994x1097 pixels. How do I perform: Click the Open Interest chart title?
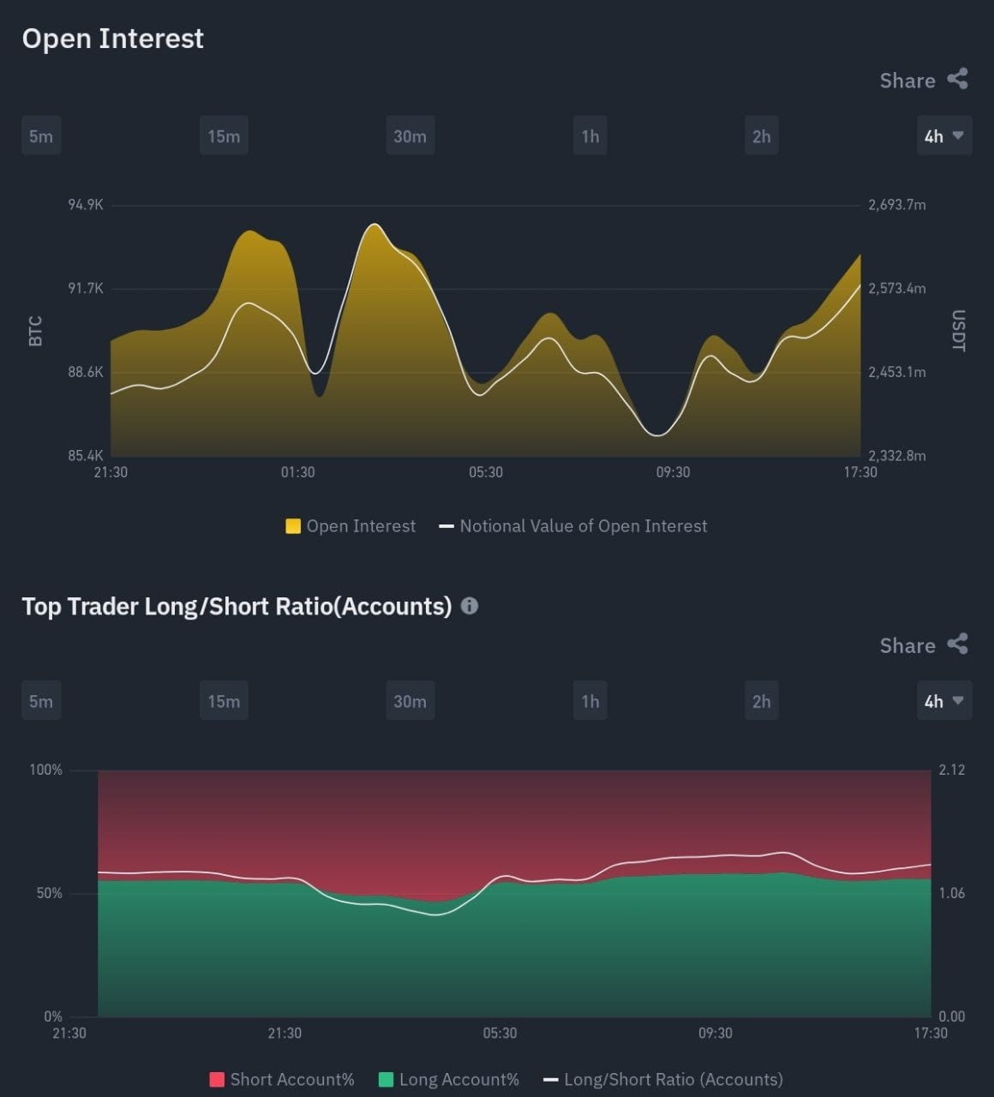click(112, 39)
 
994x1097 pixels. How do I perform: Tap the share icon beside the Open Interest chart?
click(957, 80)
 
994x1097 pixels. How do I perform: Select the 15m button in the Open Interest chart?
click(224, 136)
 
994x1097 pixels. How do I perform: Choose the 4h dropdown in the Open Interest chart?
click(943, 136)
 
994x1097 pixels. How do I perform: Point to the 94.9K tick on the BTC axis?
click(86, 205)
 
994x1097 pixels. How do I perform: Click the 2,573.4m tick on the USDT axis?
click(896, 288)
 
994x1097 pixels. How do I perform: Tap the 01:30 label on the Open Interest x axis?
click(297, 472)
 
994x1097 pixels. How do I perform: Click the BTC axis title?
click(35, 331)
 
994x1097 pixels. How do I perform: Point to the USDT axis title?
click(958, 331)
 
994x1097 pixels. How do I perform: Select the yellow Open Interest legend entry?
click(350, 526)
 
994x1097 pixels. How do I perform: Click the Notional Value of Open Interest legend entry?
click(573, 526)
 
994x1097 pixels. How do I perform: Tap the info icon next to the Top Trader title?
click(470, 606)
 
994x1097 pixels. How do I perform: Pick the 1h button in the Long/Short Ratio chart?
click(590, 701)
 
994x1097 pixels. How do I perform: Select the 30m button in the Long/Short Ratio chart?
click(410, 701)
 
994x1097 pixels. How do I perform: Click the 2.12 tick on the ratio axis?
click(951, 770)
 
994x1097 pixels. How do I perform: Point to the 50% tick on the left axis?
click(49, 893)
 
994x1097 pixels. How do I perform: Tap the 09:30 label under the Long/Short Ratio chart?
click(715, 1033)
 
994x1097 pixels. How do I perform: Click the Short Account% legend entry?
click(282, 1079)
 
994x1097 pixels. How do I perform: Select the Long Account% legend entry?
click(449, 1079)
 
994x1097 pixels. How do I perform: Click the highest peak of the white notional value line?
click(374, 225)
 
